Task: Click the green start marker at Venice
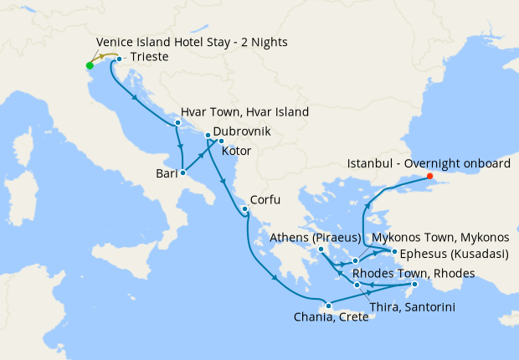[90, 65]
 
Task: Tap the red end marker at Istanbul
[429, 176]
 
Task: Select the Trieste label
[150, 58]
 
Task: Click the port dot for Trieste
[119, 59]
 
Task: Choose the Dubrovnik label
[246, 131]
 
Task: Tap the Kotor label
[237, 152]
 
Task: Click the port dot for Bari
[182, 173]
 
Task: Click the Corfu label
[265, 200]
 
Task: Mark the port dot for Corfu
[244, 208]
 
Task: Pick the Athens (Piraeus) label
[315, 238]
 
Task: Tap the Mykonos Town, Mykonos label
[439, 238]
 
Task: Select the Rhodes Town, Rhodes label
[414, 274]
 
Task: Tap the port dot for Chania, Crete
[329, 305]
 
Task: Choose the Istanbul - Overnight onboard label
[428, 164]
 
